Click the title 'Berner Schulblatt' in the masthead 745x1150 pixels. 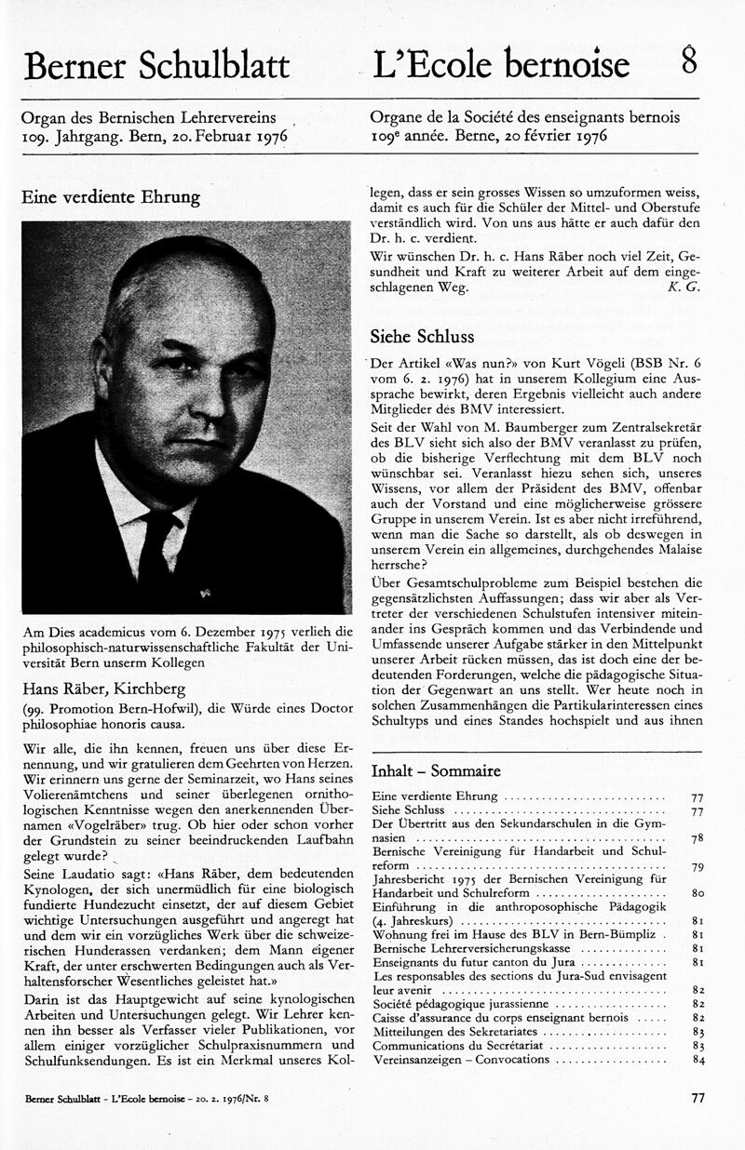[x=157, y=65]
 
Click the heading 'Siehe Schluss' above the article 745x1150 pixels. [x=422, y=336]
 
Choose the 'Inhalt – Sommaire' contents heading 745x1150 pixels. [x=436, y=770]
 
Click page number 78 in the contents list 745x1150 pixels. [x=697, y=838]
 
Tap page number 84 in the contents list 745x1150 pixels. [x=697, y=1060]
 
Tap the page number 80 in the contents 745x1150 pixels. [x=697, y=892]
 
